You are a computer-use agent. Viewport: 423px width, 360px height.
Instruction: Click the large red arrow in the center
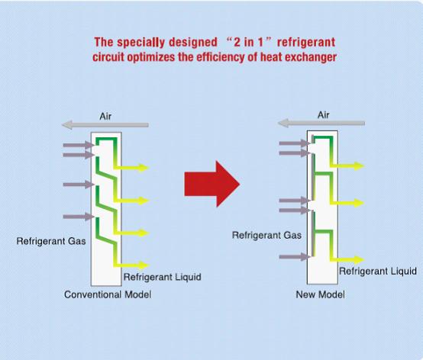tap(212, 184)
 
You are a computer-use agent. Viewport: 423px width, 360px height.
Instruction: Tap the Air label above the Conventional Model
tap(105, 117)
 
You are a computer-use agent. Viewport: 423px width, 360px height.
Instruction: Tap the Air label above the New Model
tap(324, 115)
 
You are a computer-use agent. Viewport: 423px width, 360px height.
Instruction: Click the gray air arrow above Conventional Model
tap(105, 125)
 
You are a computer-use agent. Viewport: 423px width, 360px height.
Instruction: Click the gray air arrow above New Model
tap(321, 124)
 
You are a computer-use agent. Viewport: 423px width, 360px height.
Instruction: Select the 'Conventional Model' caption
tap(108, 294)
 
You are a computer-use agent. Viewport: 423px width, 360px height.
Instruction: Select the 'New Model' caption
tap(320, 294)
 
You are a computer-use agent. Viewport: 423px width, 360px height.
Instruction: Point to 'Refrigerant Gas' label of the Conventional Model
tap(51, 241)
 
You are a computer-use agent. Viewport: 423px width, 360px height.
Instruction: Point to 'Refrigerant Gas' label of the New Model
tap(266, 235)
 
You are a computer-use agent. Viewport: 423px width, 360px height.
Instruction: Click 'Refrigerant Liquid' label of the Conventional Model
tap(163, 277)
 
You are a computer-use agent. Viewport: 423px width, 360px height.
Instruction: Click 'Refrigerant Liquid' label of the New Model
tap(378, 271)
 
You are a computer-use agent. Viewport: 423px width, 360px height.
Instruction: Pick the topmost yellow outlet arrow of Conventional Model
tap(132, 168)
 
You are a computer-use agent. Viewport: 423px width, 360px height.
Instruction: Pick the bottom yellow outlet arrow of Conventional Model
tap(132, 265)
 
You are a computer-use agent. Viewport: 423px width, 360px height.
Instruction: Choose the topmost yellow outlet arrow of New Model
tap(348, 166)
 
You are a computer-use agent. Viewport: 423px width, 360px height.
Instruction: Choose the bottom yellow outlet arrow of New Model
tap(348, 260)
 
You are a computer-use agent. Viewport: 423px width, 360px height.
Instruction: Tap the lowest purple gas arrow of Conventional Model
tap(79, 217)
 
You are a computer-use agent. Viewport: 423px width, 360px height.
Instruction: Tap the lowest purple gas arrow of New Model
tap(295, 257)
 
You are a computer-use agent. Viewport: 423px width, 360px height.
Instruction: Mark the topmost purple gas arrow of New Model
tap(295, 143)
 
